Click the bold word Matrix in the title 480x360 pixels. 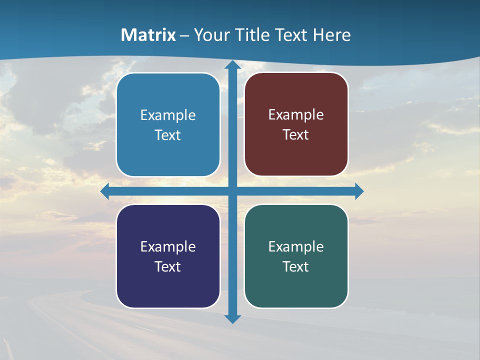148,35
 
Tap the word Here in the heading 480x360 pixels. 332,35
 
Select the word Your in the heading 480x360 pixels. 209,35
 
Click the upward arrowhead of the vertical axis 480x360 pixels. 232,65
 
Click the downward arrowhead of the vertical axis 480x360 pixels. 232,318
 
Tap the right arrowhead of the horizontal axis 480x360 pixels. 359,191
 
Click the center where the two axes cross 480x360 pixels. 232,191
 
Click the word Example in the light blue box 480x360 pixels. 168,115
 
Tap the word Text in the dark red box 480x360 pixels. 296,135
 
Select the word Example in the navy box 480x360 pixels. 168,246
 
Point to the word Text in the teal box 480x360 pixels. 296,266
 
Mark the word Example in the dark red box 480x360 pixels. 296,114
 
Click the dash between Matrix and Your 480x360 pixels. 184,35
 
